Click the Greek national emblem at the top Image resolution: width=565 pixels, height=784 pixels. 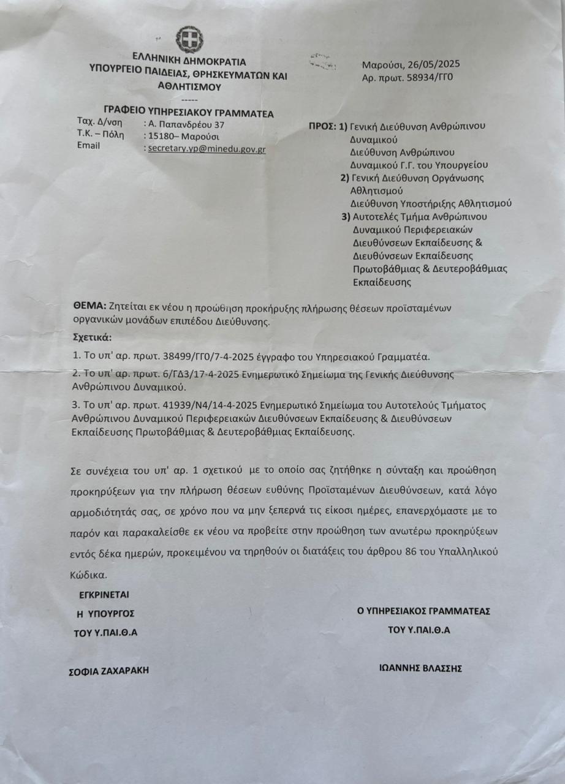(x=189, y=39)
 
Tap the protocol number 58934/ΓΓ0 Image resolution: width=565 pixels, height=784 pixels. (x=425, y=78)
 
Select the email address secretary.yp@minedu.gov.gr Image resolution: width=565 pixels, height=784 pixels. (x=207, y=148)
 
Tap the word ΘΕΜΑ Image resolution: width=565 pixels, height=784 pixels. (x=89, y=307)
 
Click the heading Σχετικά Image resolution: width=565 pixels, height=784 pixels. (x=93, y=337)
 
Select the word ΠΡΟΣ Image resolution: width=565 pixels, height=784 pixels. (x=322, y=126)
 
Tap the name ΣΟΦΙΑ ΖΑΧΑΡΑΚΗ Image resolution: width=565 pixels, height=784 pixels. (x=108, y=670)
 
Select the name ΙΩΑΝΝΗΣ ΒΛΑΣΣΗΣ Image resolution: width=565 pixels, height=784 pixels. (x=420, y=668)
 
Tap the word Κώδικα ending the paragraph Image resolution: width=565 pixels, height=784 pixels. (x=88, y=575)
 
